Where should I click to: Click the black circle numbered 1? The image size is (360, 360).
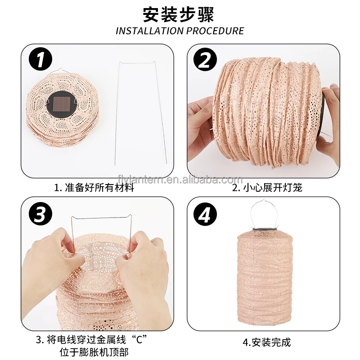[40, 60]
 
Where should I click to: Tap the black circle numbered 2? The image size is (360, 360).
[205, 60]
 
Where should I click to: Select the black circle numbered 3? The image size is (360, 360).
[40, 214]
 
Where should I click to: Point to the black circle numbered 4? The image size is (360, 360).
[205, 214]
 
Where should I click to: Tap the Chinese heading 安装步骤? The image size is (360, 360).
[179, 14]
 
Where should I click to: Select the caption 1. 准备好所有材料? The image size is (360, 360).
[94, 188]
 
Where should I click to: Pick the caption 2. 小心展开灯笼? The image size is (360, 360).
[267, 188]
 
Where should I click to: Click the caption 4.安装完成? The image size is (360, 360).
[267, 342]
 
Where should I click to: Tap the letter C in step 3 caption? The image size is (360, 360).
[139, 339]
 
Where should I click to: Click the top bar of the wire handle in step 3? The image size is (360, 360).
[101, 217]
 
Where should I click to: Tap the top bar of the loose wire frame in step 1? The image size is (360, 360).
[137, 63]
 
